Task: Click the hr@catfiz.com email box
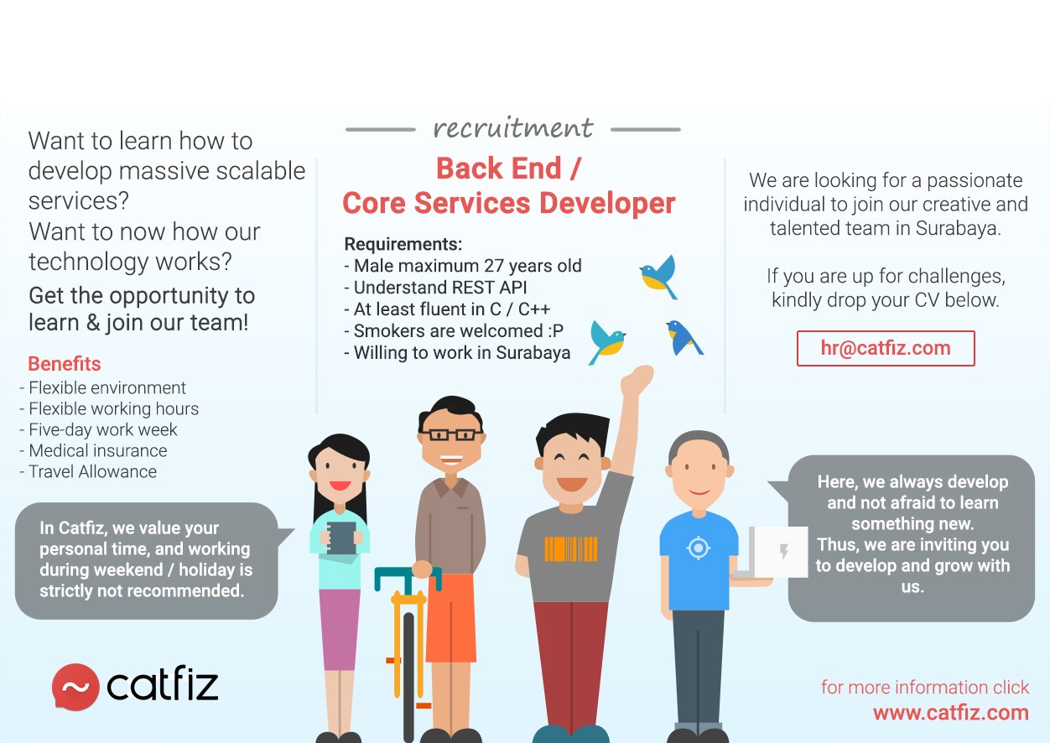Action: click(886, 348)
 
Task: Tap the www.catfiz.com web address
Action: click(951, 713)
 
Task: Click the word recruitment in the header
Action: click(513, 127)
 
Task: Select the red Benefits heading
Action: click(65, 364)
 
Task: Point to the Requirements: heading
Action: click(403, 244)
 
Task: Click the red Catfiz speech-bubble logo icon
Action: click(75, 687)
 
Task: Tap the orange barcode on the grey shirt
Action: click(570, 549)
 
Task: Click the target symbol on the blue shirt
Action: click(698, 548)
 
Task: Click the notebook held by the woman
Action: click(340, 538)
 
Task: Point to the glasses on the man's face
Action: click(451, 434)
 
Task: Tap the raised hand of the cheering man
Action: click(637, 380)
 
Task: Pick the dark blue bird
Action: click(684, 337)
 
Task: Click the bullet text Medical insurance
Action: click(97, 450)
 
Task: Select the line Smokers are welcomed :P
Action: click(458, 331)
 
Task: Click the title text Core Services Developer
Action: click(509, 204)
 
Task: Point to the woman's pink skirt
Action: click(339, 630)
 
